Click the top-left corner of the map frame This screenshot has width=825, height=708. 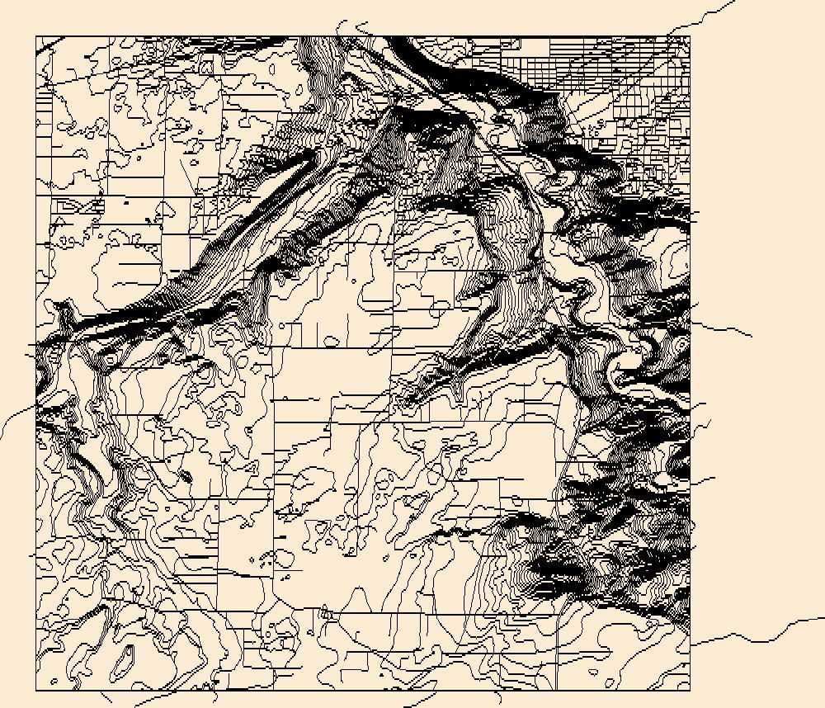[x=36, y=36]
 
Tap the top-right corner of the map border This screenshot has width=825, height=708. [x=690, y=36]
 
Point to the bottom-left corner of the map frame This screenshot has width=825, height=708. [x=36, y=691]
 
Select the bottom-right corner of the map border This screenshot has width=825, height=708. [x=690, y=691]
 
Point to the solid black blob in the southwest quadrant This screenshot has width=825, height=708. [x=183, y=476]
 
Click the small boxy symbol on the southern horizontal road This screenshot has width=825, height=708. [x=328, y=612]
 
